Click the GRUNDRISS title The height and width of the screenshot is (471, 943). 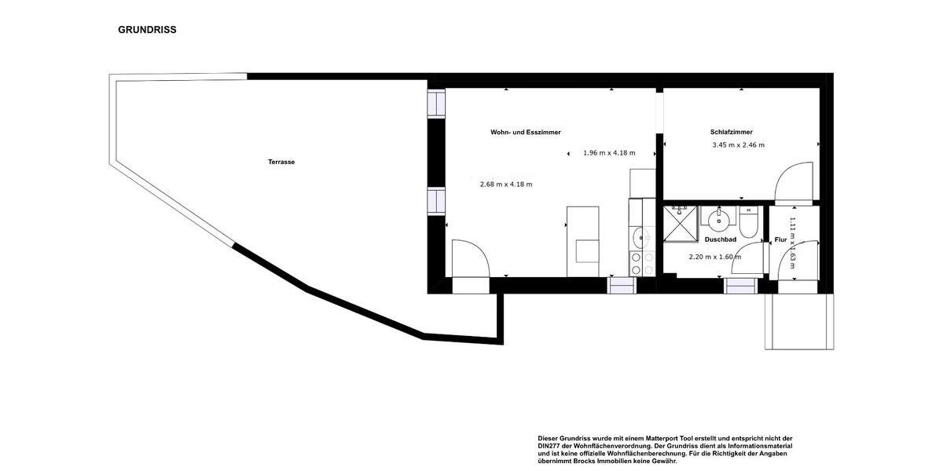point(147,30)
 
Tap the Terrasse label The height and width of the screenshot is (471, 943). point(281,162)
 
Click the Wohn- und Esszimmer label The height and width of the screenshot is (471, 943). point(526,133)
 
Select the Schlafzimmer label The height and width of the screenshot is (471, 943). point(732,132)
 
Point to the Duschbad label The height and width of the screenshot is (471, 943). point(720,239)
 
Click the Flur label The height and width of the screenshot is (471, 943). point(780,239)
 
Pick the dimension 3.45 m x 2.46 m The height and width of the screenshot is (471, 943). point(738,145)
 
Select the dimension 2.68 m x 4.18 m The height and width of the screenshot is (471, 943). point(506,184)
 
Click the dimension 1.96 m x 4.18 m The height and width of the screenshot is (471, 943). point(609,153)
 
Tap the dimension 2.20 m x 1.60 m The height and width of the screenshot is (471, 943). point(715,257)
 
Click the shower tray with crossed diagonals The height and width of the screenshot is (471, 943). point(680,223)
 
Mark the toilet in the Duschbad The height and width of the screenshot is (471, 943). point(748,224)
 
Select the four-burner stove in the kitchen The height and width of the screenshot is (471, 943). point(642,264)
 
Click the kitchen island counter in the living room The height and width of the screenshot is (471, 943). point(582,241)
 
